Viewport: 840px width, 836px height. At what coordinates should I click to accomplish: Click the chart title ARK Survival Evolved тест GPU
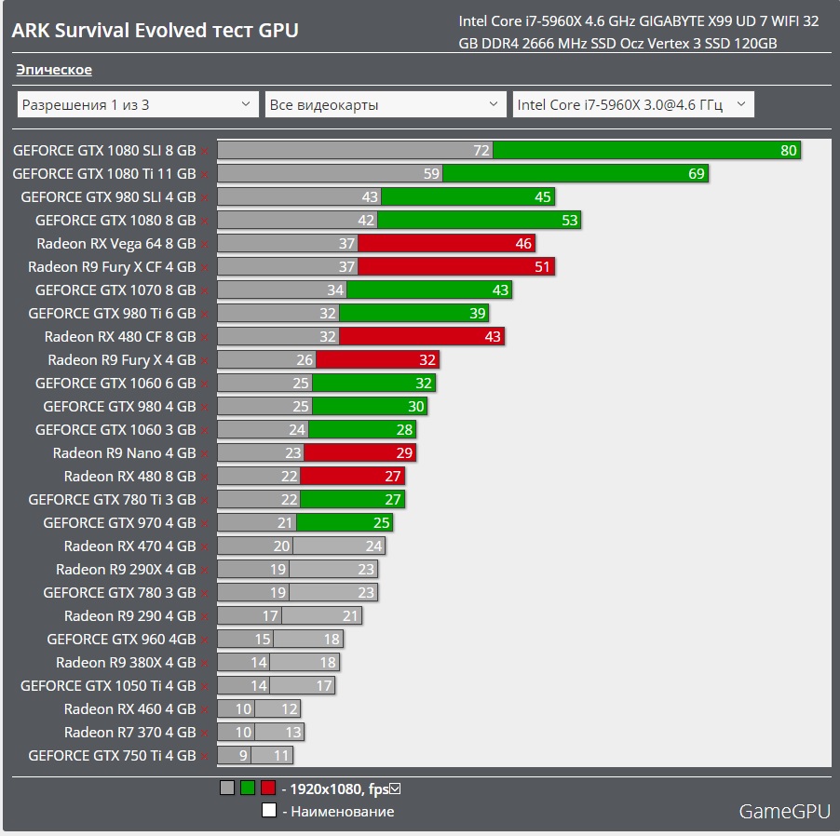[x=155, y=30]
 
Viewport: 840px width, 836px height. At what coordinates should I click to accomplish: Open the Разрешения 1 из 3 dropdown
[x=137, y=104]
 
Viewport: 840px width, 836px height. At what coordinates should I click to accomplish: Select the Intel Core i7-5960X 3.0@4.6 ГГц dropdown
[x=633, y=104]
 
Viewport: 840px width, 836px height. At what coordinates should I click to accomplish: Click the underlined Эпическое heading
[x=54, y=70]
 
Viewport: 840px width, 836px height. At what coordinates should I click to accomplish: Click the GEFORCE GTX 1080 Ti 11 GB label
[x=103, y=173]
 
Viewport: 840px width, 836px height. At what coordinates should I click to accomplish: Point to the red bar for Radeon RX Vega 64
[x=447, y=243]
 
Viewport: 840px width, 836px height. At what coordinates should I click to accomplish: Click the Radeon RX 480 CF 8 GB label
[x=120, y=336]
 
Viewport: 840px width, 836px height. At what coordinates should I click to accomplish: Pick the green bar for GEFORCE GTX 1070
[x=428, y=290]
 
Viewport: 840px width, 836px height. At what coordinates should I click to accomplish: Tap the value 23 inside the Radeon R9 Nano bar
[x=293, y=452]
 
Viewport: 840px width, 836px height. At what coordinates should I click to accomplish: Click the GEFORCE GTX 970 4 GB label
[x=119, y=522]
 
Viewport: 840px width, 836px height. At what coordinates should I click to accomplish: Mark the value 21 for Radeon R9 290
[x=350, y=615]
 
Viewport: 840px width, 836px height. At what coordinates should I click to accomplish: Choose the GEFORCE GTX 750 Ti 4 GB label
[x=112, y=755]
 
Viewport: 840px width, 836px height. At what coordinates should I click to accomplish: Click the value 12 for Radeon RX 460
[x=289, y=708]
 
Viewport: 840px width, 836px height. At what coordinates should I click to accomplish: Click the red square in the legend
[x=268, y=789]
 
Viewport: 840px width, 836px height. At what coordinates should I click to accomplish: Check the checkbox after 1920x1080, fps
[x=395, y=789]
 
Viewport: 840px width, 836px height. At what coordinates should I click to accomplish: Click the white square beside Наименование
[x=268, y=811]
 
